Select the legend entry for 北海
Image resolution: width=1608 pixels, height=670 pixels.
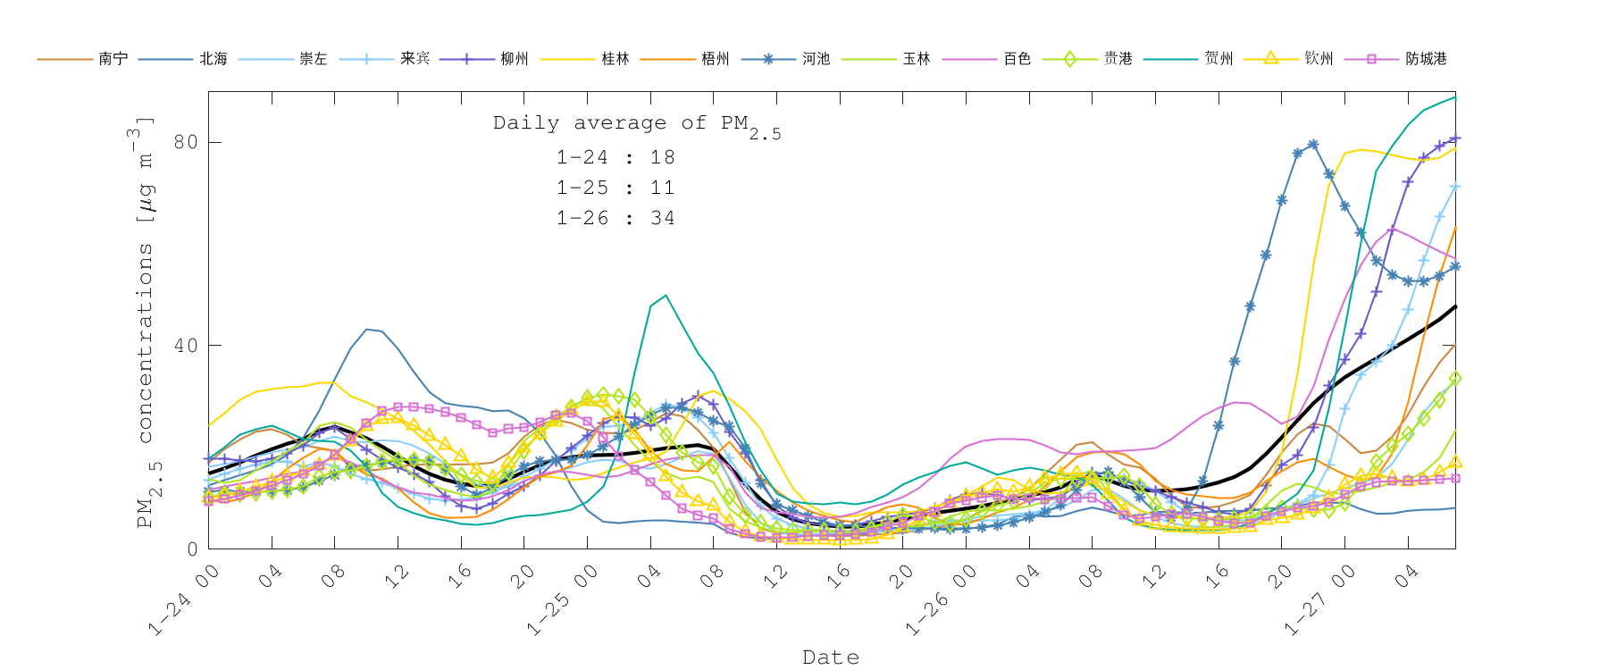click(214, 59)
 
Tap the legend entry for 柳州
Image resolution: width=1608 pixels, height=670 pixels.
click(515, 59)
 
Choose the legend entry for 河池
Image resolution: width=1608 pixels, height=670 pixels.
click(816, 59)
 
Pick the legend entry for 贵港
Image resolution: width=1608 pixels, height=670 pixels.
click(1118, 59)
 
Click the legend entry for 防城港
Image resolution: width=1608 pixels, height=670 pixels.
click(1426, 59)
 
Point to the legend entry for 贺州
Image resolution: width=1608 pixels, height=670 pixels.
click(1219, 59)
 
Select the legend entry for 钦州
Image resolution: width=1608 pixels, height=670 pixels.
click(1319, 59)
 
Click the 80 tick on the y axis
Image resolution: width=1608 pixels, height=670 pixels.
click(185, 142)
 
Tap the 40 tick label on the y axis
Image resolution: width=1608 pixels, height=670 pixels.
click(185, 346)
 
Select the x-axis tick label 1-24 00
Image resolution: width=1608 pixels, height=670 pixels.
click(184, 601)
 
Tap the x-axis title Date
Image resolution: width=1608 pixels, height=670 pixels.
click(831, 657)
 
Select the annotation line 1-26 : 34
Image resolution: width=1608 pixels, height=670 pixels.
click(616, 218)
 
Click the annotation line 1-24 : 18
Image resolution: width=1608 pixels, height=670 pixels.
click(616, 157)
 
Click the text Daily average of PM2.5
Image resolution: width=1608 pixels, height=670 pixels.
click(636, 124)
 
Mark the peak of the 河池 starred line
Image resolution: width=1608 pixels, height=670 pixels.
click(1312, 144)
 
